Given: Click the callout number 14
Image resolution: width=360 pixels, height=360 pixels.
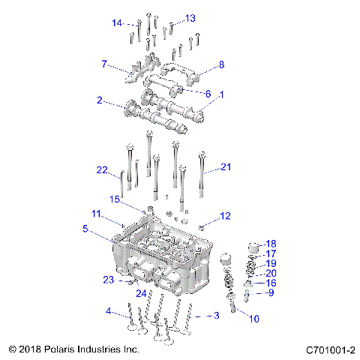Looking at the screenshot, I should point(117,23).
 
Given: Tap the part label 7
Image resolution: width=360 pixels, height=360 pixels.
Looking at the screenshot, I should point(104,64).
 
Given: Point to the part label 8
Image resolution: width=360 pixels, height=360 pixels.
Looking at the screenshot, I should point(221,65).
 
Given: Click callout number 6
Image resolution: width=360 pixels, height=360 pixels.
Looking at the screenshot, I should point(208,94).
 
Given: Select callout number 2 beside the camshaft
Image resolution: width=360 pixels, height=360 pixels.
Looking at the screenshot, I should point(99,100).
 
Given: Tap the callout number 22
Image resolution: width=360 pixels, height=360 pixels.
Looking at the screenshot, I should point(103,170).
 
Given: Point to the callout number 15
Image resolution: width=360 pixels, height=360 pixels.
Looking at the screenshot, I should point(115,199).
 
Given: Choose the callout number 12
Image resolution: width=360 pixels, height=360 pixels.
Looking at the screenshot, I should point(225,217).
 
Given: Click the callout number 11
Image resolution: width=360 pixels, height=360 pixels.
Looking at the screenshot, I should point(96,214).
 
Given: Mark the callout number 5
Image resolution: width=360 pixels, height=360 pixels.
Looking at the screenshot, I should point(86,229).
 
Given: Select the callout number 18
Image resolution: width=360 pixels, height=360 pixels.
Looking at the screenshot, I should point(271,244).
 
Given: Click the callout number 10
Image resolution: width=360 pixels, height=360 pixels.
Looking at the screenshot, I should point(254,319).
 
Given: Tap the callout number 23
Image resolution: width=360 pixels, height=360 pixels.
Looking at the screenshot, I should point(108,279).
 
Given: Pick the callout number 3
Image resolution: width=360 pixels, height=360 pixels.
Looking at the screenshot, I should point(217,316).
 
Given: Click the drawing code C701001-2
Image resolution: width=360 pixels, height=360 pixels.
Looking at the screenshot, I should point(330,349).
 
